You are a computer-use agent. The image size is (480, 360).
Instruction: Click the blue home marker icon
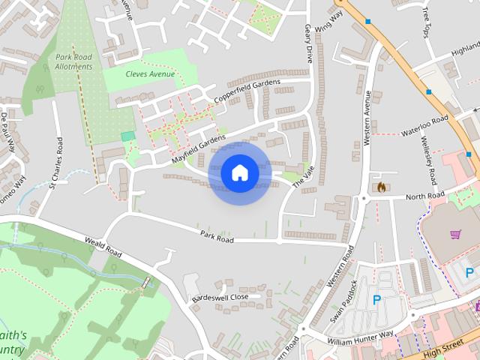[240, 173]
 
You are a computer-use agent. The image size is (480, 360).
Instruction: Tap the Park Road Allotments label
[74, 61]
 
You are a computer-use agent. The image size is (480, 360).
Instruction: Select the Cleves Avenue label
[151, 74]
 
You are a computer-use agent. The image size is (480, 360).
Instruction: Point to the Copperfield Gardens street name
[247, 91]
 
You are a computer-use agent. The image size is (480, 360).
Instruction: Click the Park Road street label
[217, 236]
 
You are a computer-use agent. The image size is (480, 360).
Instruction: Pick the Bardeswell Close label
[220, 297]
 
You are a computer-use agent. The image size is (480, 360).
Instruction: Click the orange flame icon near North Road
[381, 186]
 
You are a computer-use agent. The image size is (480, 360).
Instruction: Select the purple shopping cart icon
[455, 234]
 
